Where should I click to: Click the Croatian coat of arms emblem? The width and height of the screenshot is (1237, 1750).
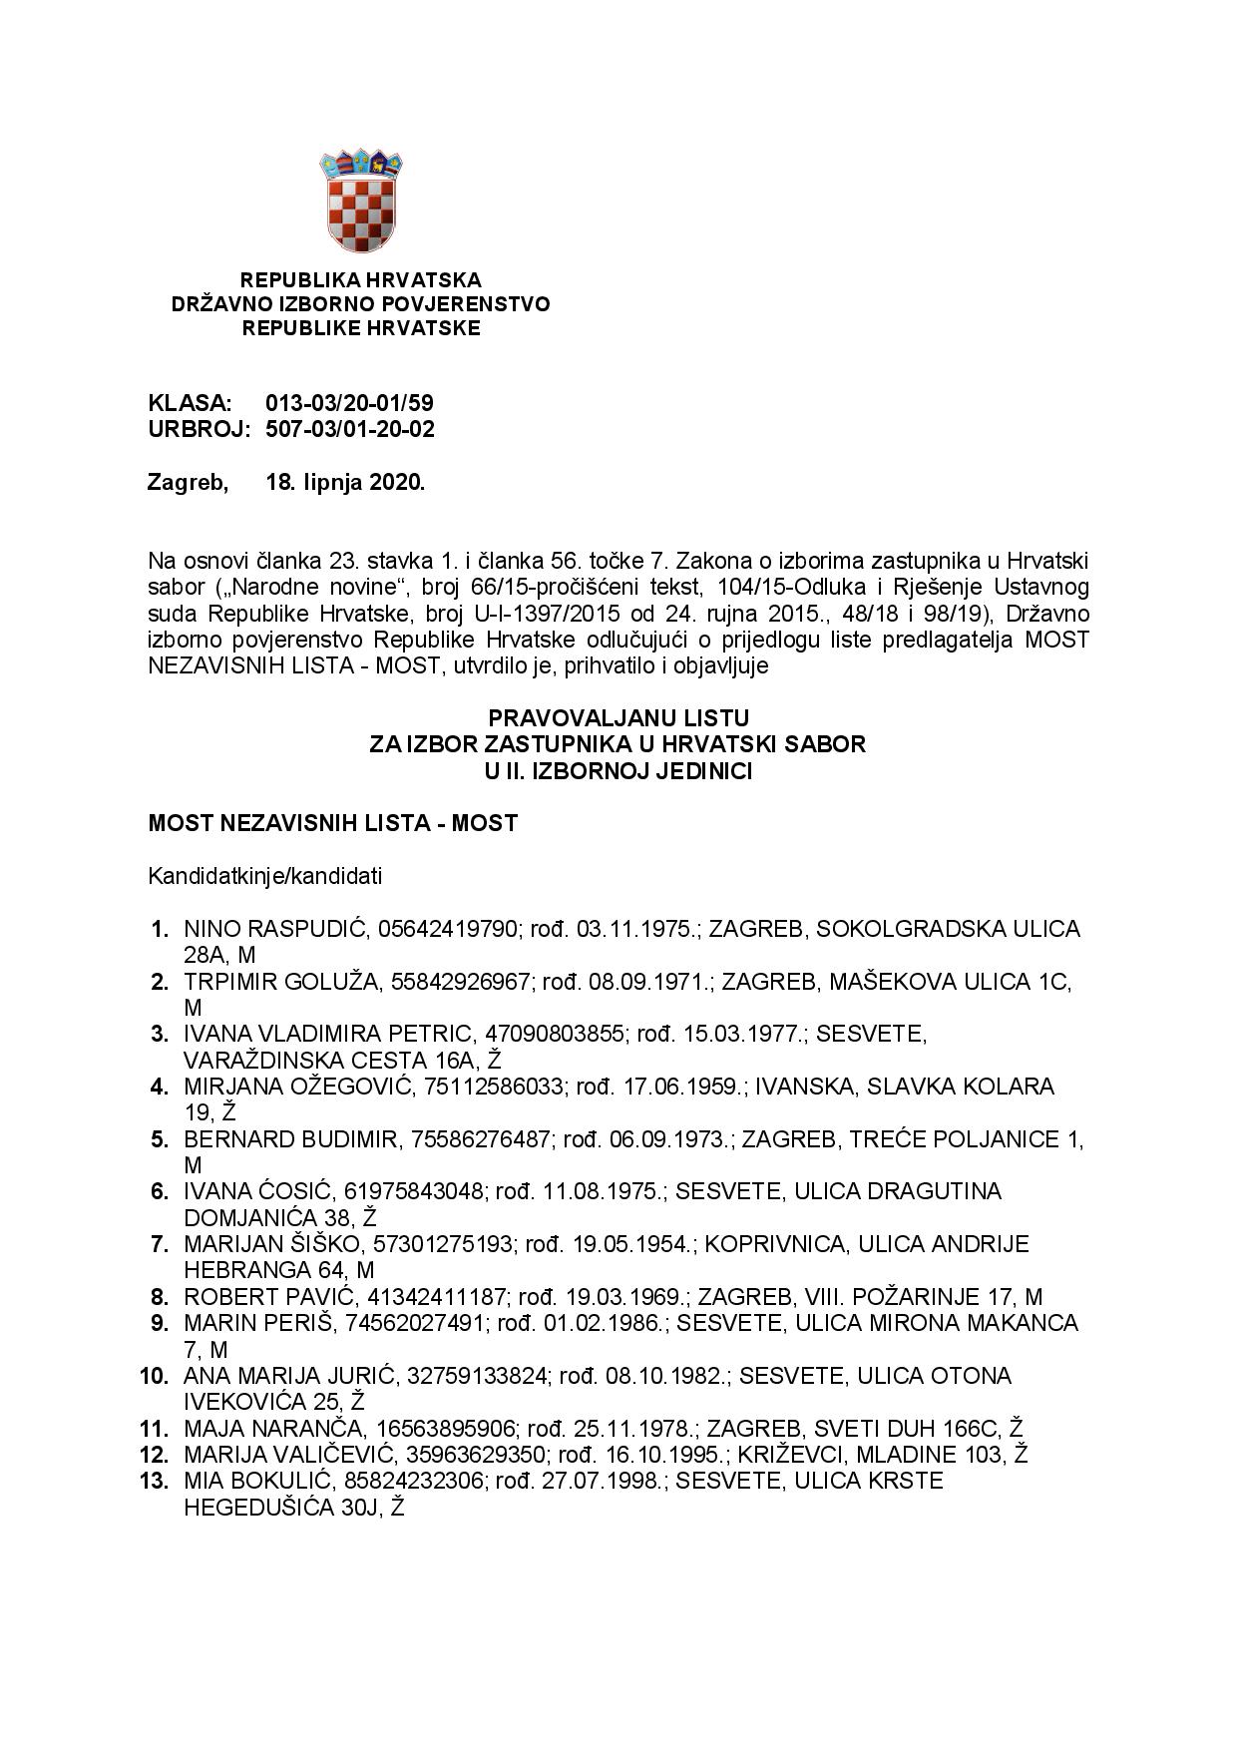(360, 201)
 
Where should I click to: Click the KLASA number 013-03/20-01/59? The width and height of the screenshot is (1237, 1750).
(349, 404)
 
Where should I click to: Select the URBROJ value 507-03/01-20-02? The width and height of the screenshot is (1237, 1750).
(349, 429)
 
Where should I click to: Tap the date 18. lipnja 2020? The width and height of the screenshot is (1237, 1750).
(345, 483)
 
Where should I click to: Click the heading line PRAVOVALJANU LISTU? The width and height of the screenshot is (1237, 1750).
(618, 718)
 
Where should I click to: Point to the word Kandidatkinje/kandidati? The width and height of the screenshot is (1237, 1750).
(264, 877)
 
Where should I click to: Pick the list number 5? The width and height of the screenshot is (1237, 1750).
(160, 1139)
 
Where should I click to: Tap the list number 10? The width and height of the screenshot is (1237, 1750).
(154, 1377)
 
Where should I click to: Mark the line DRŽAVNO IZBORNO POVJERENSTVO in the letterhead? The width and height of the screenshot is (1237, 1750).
(360, 304)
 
